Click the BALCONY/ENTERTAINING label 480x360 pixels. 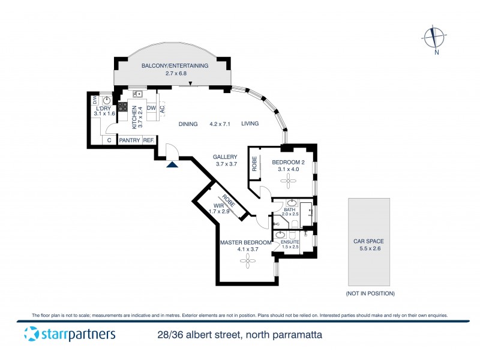pyautogui.click(x=175, y=66)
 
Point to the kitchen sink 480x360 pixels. pyautogui.click(x=137, y=94)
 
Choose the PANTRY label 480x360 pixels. pyautogui.click(x=129, y=140)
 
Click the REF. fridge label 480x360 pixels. pyautogui.click(x=148, y=140)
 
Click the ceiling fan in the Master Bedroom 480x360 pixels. pyautogui.click(x=246, y=260)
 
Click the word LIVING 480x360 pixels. pyautogui.click(x=250, y=124)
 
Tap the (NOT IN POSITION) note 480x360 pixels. pyautogui.click(x=370, y=293)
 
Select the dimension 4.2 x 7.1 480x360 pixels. pyautogui.click(x=220, y=124)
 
